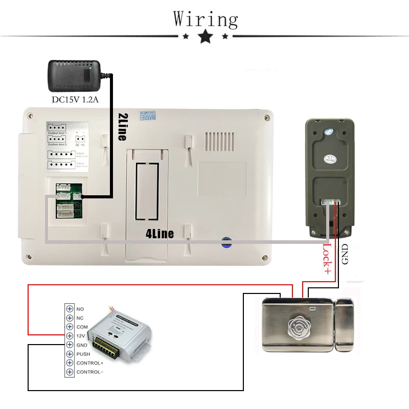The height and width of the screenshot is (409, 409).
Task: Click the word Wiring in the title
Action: (206, 19)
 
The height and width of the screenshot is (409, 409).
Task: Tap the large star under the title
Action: (206, 36)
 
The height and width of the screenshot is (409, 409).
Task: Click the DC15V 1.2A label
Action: (75, 99)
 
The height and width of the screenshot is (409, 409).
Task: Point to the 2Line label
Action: (122, 127)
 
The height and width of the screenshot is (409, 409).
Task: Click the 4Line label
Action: (160, 234)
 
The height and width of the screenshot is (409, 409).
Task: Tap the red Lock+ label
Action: (327, 259)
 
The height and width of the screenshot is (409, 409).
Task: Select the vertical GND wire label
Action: (344, 254)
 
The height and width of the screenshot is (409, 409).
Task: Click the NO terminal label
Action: (80, 309)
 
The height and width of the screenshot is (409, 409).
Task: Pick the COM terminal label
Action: (82, 327)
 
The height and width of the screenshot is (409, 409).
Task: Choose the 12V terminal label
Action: (81, 336)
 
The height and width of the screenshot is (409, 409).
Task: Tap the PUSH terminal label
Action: (83, 354)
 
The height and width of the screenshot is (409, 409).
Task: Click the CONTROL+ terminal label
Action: (89, 363)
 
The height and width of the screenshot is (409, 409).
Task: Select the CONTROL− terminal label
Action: (89, 372)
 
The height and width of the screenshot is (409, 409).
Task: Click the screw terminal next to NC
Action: (69, 318)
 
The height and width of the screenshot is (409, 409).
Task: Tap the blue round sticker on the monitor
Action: (225, 242)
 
